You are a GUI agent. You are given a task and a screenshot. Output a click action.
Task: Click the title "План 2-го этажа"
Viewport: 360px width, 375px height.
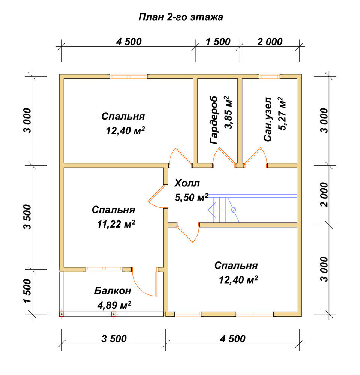point(181,17)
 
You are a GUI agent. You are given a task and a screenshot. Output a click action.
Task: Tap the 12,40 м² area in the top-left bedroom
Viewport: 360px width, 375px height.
point(125,130)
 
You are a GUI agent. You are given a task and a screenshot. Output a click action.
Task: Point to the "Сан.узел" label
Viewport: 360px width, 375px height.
point(268,119)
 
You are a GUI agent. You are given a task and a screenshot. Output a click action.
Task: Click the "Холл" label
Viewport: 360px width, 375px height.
point(187,183)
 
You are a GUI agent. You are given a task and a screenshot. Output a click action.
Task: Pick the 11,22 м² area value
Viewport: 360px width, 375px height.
point(116,224)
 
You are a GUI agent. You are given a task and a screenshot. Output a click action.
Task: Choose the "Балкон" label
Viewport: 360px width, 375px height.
point(112,291)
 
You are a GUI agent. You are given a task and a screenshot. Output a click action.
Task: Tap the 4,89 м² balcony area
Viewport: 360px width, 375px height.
point(114,305)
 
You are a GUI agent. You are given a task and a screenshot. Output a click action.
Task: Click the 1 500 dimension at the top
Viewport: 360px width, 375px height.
point(218,42)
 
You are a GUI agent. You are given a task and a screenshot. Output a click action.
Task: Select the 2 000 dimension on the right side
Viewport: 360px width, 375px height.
point(324,195)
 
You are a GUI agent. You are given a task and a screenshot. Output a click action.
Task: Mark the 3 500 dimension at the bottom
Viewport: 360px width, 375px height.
point(114,339)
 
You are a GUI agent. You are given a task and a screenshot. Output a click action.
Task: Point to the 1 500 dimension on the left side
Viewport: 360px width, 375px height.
point(28,291)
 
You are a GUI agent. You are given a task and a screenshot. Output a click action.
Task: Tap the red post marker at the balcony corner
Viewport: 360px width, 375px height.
point(62,314)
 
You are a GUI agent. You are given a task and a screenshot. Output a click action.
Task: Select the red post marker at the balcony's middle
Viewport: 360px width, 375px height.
point(114,314)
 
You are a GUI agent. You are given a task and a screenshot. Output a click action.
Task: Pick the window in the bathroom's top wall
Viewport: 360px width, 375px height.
point(270,76)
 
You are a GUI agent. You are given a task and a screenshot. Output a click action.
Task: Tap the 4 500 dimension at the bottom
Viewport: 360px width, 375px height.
point(232,339)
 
